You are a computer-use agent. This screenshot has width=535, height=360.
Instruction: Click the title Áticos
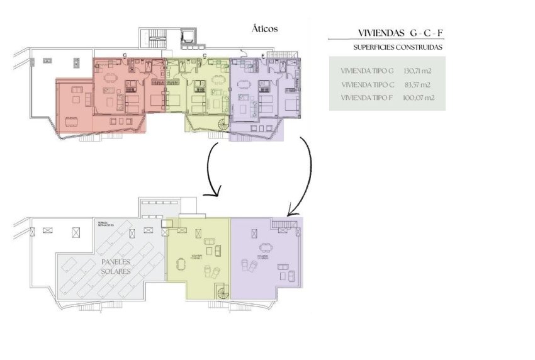click(264, 29)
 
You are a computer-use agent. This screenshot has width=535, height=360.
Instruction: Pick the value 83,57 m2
click(417, 84)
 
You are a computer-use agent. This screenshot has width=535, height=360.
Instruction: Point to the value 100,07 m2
click(418, 98)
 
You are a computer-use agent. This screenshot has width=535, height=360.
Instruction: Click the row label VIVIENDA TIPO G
click(366, 71)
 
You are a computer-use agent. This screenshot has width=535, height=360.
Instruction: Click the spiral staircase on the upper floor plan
click(223, 125)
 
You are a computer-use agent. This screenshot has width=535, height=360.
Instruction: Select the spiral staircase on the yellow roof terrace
click(223, 293)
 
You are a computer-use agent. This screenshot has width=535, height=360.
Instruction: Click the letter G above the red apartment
click(125, 56)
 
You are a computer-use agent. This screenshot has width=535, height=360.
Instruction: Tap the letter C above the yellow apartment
click(205, 56)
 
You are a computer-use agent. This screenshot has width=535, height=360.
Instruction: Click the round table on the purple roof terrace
click(263, 248)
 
